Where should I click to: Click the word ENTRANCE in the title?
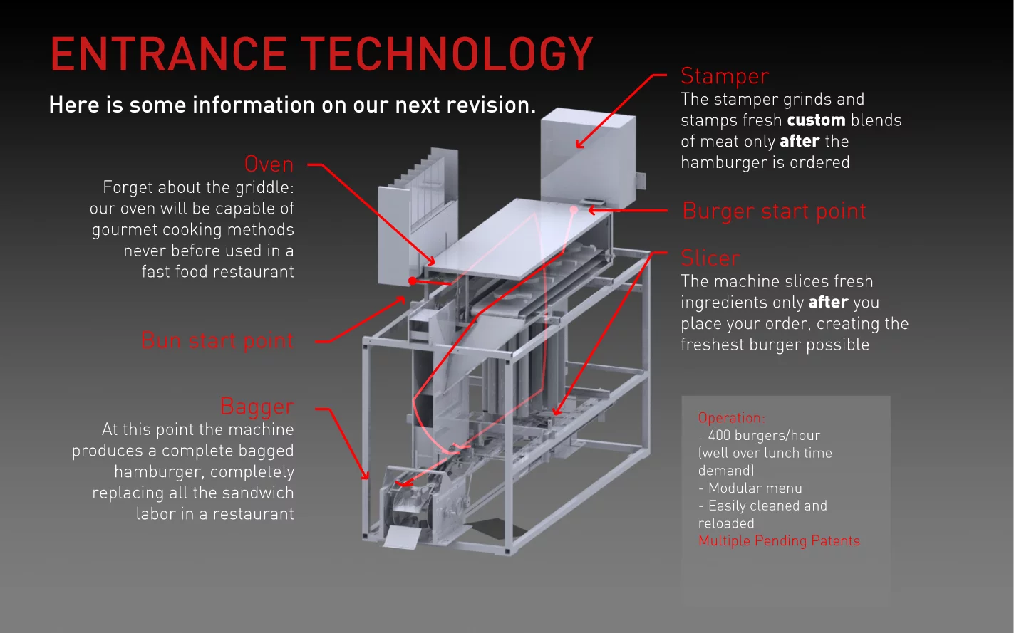click(x=168, y=55)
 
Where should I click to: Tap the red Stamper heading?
click(x=725, y=75)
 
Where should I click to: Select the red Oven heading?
click(x=269, y=164)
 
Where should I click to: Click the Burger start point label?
click(x=774, y=211)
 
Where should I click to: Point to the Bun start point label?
click(x=217, y=340)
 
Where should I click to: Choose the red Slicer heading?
click(x=710, y=258)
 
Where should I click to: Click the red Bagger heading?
click(x=257, y=406)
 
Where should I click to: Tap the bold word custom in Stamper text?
click(x=816, y=120)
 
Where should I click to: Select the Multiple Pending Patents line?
click(x=779, y=540)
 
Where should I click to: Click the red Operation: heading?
click(x=732, y=418)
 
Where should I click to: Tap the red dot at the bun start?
click(x=413, y=281)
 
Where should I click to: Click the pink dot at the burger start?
click(x=574, y=209)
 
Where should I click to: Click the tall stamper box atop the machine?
click(x=586, y=153)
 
